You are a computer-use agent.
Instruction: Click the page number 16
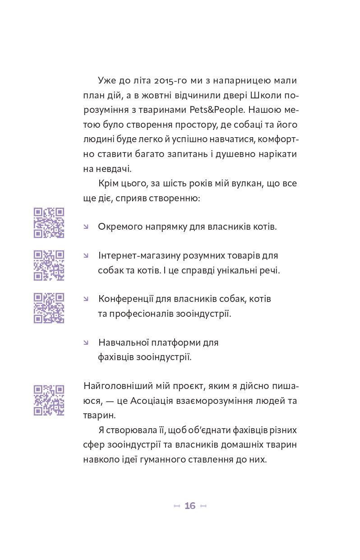[190, 506]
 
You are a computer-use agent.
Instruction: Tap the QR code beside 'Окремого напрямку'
[49, 222]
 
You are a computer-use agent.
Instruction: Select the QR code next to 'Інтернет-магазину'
[49, 265]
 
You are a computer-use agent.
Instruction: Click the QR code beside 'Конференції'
[49, 308]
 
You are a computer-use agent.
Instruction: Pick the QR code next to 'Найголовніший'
[49, 400]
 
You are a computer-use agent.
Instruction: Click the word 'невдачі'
[113, 169]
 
